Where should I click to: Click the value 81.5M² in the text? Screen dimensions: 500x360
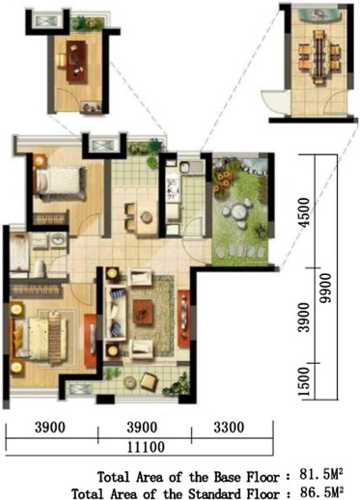tap(321, 475)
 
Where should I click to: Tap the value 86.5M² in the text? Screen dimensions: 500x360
tap(321, 491)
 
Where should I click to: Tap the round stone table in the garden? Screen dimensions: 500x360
tap(235, 211)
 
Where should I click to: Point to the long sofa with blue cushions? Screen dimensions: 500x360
tap(116, 309)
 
